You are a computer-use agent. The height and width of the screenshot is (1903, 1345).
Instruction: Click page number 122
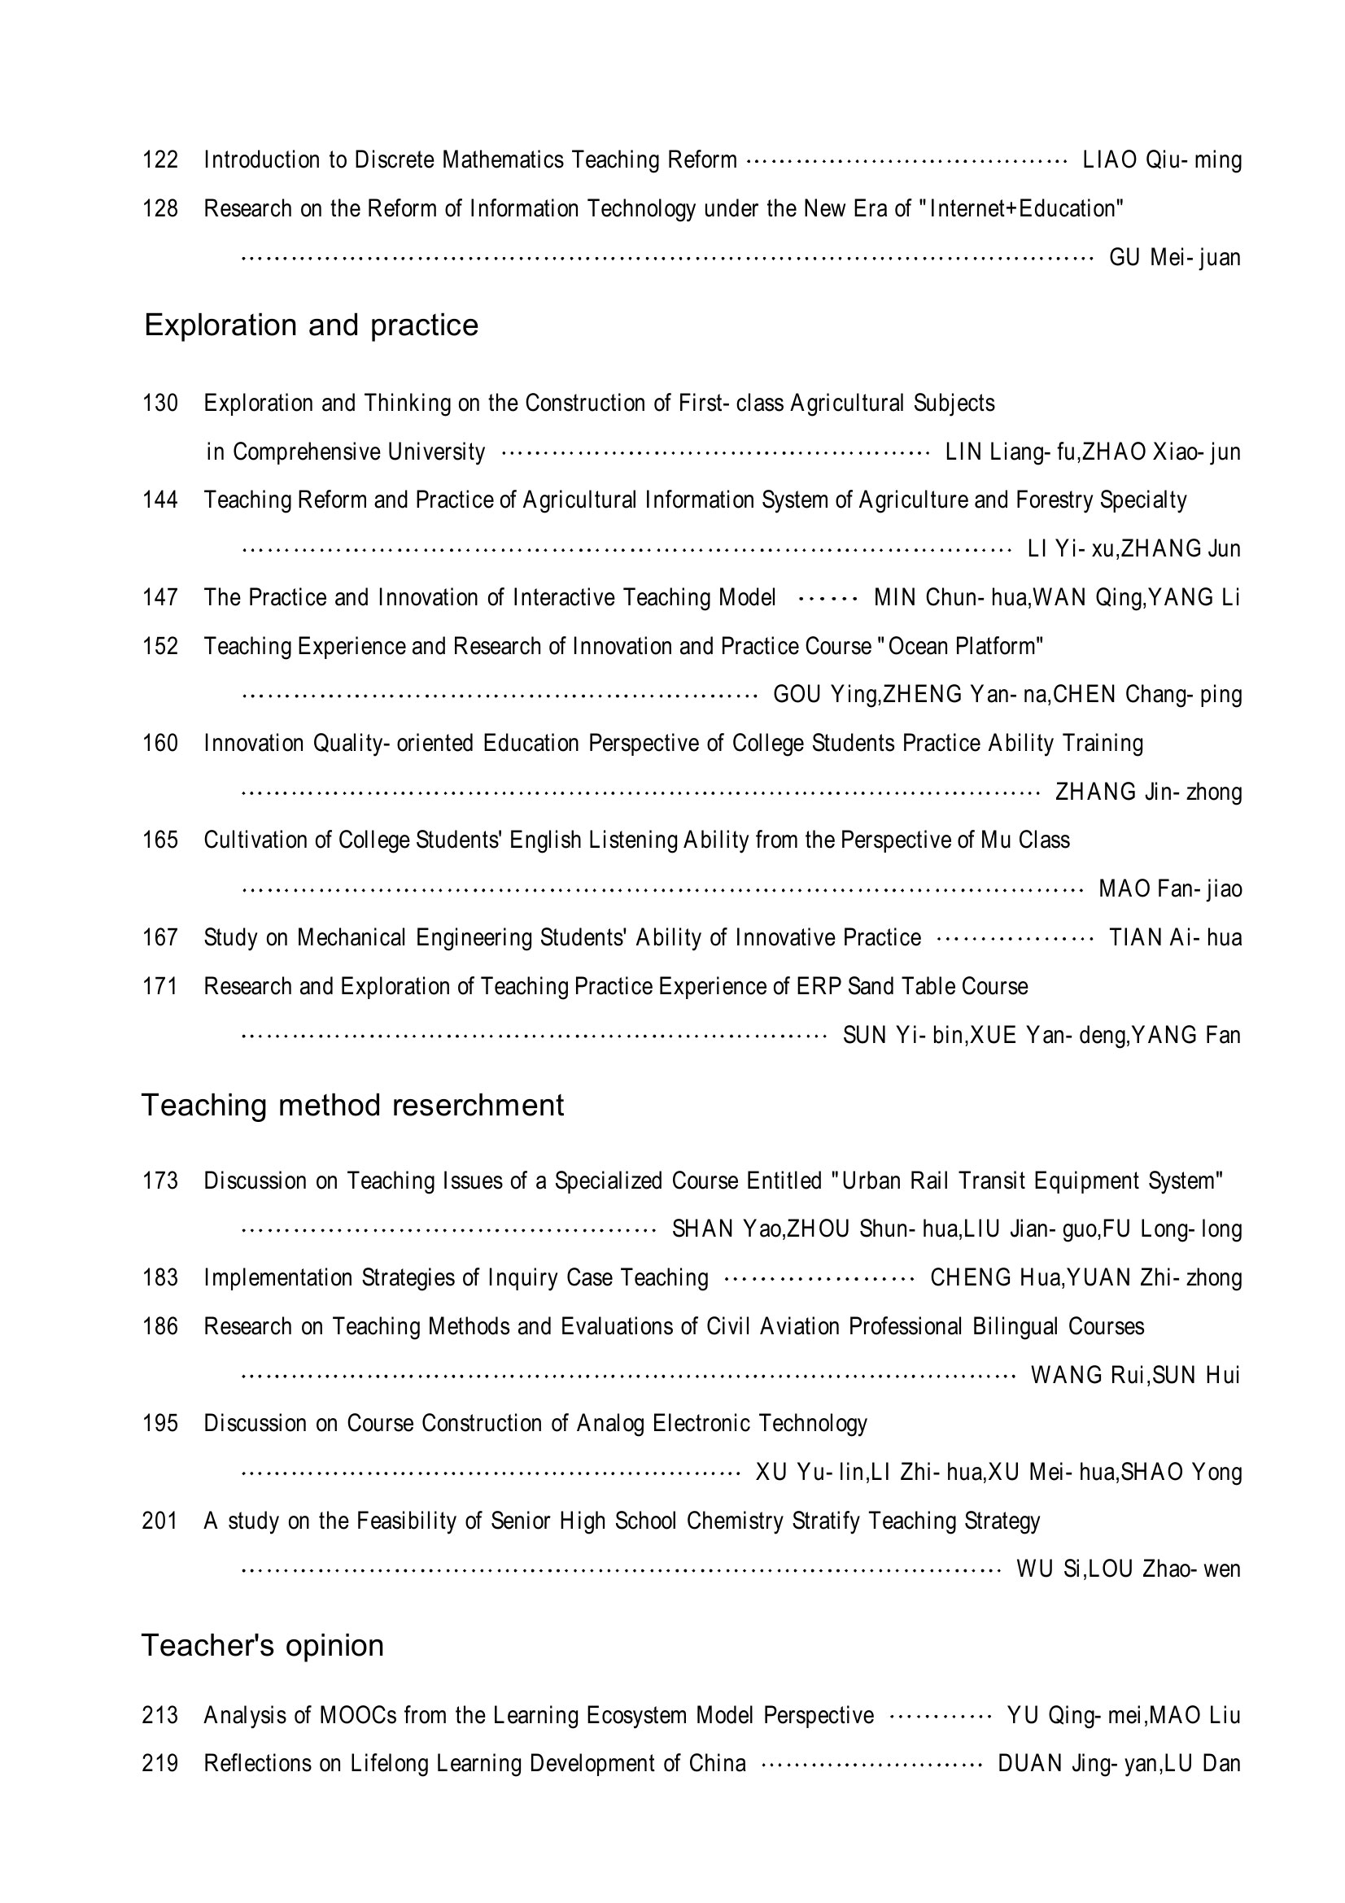point(160,159)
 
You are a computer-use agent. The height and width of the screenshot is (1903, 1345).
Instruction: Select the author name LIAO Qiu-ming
point(1162,159)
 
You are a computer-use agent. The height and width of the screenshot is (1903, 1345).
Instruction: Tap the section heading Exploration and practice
point(311,325)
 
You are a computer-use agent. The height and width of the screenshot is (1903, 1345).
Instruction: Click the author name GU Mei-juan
point(1174,258)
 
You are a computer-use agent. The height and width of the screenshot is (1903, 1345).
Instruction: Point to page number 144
point(160,500)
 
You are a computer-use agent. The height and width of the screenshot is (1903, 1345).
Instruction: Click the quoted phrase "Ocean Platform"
point(965,646)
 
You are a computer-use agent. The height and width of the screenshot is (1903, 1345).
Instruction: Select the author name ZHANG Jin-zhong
point(1148,792)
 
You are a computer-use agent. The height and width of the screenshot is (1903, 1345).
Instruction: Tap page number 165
point(160,840)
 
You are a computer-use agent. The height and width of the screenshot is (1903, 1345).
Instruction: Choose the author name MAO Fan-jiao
point(1169,888)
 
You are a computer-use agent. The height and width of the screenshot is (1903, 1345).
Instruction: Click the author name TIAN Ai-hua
point(1175,937)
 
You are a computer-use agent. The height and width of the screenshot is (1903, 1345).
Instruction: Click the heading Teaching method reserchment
point(352,1105)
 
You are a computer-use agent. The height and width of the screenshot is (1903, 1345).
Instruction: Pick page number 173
point(160,1181)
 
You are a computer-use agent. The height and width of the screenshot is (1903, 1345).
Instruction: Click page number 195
point(160,1423)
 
